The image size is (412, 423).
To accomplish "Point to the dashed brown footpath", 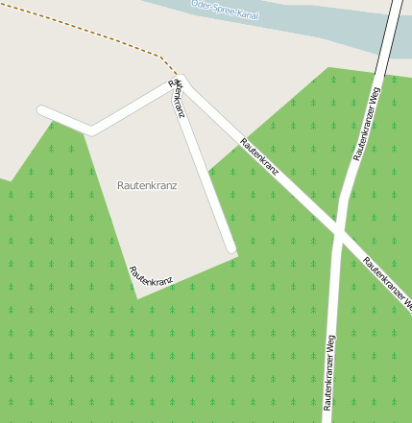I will tap(86, 33).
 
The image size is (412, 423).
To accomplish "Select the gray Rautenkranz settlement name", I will tap(147, 184).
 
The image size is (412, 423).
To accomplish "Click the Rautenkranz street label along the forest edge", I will tap(151, 277).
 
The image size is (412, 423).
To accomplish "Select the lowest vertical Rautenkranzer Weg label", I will tap(329, 369).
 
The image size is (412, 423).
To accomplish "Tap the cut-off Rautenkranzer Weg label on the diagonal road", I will tap(388, 284).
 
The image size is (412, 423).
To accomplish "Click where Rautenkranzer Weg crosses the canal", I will tap(394, 29).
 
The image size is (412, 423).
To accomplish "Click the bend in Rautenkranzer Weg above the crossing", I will tap(344, 197).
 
